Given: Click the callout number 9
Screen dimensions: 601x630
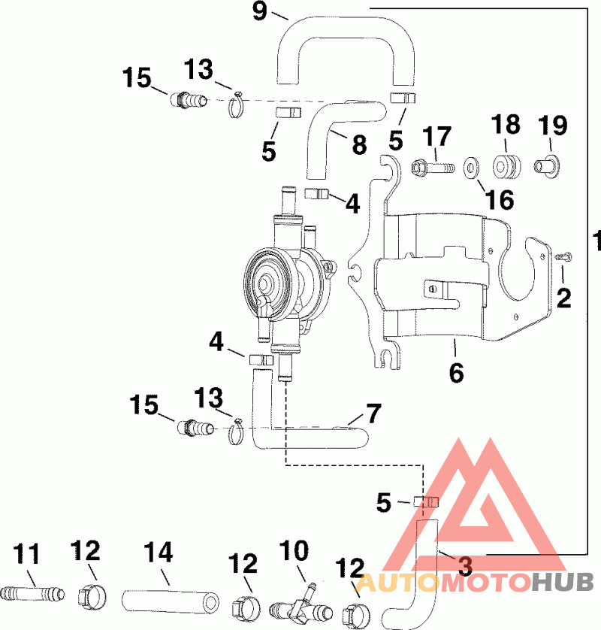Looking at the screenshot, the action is (x=260, y=11).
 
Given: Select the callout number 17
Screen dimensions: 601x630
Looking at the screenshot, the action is (x=436, y=137).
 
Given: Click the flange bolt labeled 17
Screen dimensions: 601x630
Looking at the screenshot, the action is (x=433, y=166).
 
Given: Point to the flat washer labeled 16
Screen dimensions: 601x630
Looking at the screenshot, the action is (x=471, y=167).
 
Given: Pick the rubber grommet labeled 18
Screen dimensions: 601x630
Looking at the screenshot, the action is (x=506, y=167).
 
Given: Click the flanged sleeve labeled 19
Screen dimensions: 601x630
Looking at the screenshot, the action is (x=547, y=166).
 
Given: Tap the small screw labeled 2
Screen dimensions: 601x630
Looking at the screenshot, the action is (x=564, y=256).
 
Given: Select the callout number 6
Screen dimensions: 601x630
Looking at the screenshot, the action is (x=456, y=373).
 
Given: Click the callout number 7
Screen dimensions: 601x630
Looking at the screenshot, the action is (x=373, y=413).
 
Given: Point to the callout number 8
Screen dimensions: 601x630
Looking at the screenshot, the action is (x=359, y=144).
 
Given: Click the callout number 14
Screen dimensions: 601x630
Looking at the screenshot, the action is (x=159, y=552).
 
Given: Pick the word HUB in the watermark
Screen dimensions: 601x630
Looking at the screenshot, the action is (x=563, y=582).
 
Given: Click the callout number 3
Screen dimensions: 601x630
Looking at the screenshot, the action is (x=465, y=567).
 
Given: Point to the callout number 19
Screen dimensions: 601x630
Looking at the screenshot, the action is (x=553, y=126).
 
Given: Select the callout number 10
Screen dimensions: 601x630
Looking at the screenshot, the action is (x=294, y=550).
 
